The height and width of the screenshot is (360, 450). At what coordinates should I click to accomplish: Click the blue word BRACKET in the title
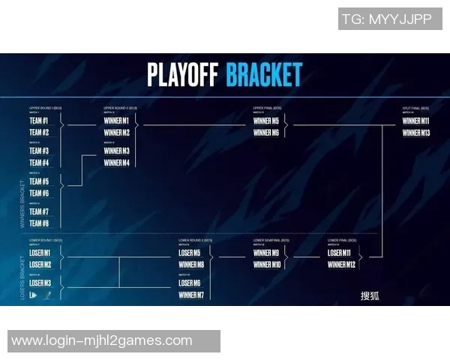(x=264, y=75)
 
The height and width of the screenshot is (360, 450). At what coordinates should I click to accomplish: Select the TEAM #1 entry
(x=40, y=121)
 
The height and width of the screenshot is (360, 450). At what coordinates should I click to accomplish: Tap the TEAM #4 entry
(x=40, y=163)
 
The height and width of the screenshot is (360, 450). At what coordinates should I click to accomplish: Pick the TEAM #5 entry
(x=40, y=181)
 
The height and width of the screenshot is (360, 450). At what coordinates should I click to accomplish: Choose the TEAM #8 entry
(x=40, y=223)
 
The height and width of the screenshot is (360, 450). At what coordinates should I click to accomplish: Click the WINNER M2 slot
(x=116, y=133)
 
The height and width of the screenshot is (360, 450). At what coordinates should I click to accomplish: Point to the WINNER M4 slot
(x=116, y=163)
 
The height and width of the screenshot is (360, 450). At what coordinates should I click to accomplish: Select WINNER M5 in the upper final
(x=266, y=121)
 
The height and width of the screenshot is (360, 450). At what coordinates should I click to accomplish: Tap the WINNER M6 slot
(x=266, y=133)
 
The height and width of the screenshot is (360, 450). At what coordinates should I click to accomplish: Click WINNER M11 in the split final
(x=415, y=121)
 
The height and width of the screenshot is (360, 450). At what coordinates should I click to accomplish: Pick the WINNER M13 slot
(x=415, y=133)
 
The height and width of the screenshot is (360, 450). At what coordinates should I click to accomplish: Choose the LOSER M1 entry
(x=40, y=253)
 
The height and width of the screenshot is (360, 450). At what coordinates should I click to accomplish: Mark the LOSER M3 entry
(x=40, y=283)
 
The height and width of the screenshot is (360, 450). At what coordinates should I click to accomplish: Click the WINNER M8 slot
(x=191, y=265)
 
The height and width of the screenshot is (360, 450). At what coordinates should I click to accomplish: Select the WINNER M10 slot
(x=267, y=265)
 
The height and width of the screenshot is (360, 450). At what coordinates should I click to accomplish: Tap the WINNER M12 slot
(x=341, y=265)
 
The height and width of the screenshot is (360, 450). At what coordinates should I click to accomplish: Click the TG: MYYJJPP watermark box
(x=389, y=19)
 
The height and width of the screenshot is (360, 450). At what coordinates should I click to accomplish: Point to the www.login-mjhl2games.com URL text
(x=102, y=341)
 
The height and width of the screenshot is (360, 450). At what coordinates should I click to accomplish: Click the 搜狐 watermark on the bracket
(x=370, y=295)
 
